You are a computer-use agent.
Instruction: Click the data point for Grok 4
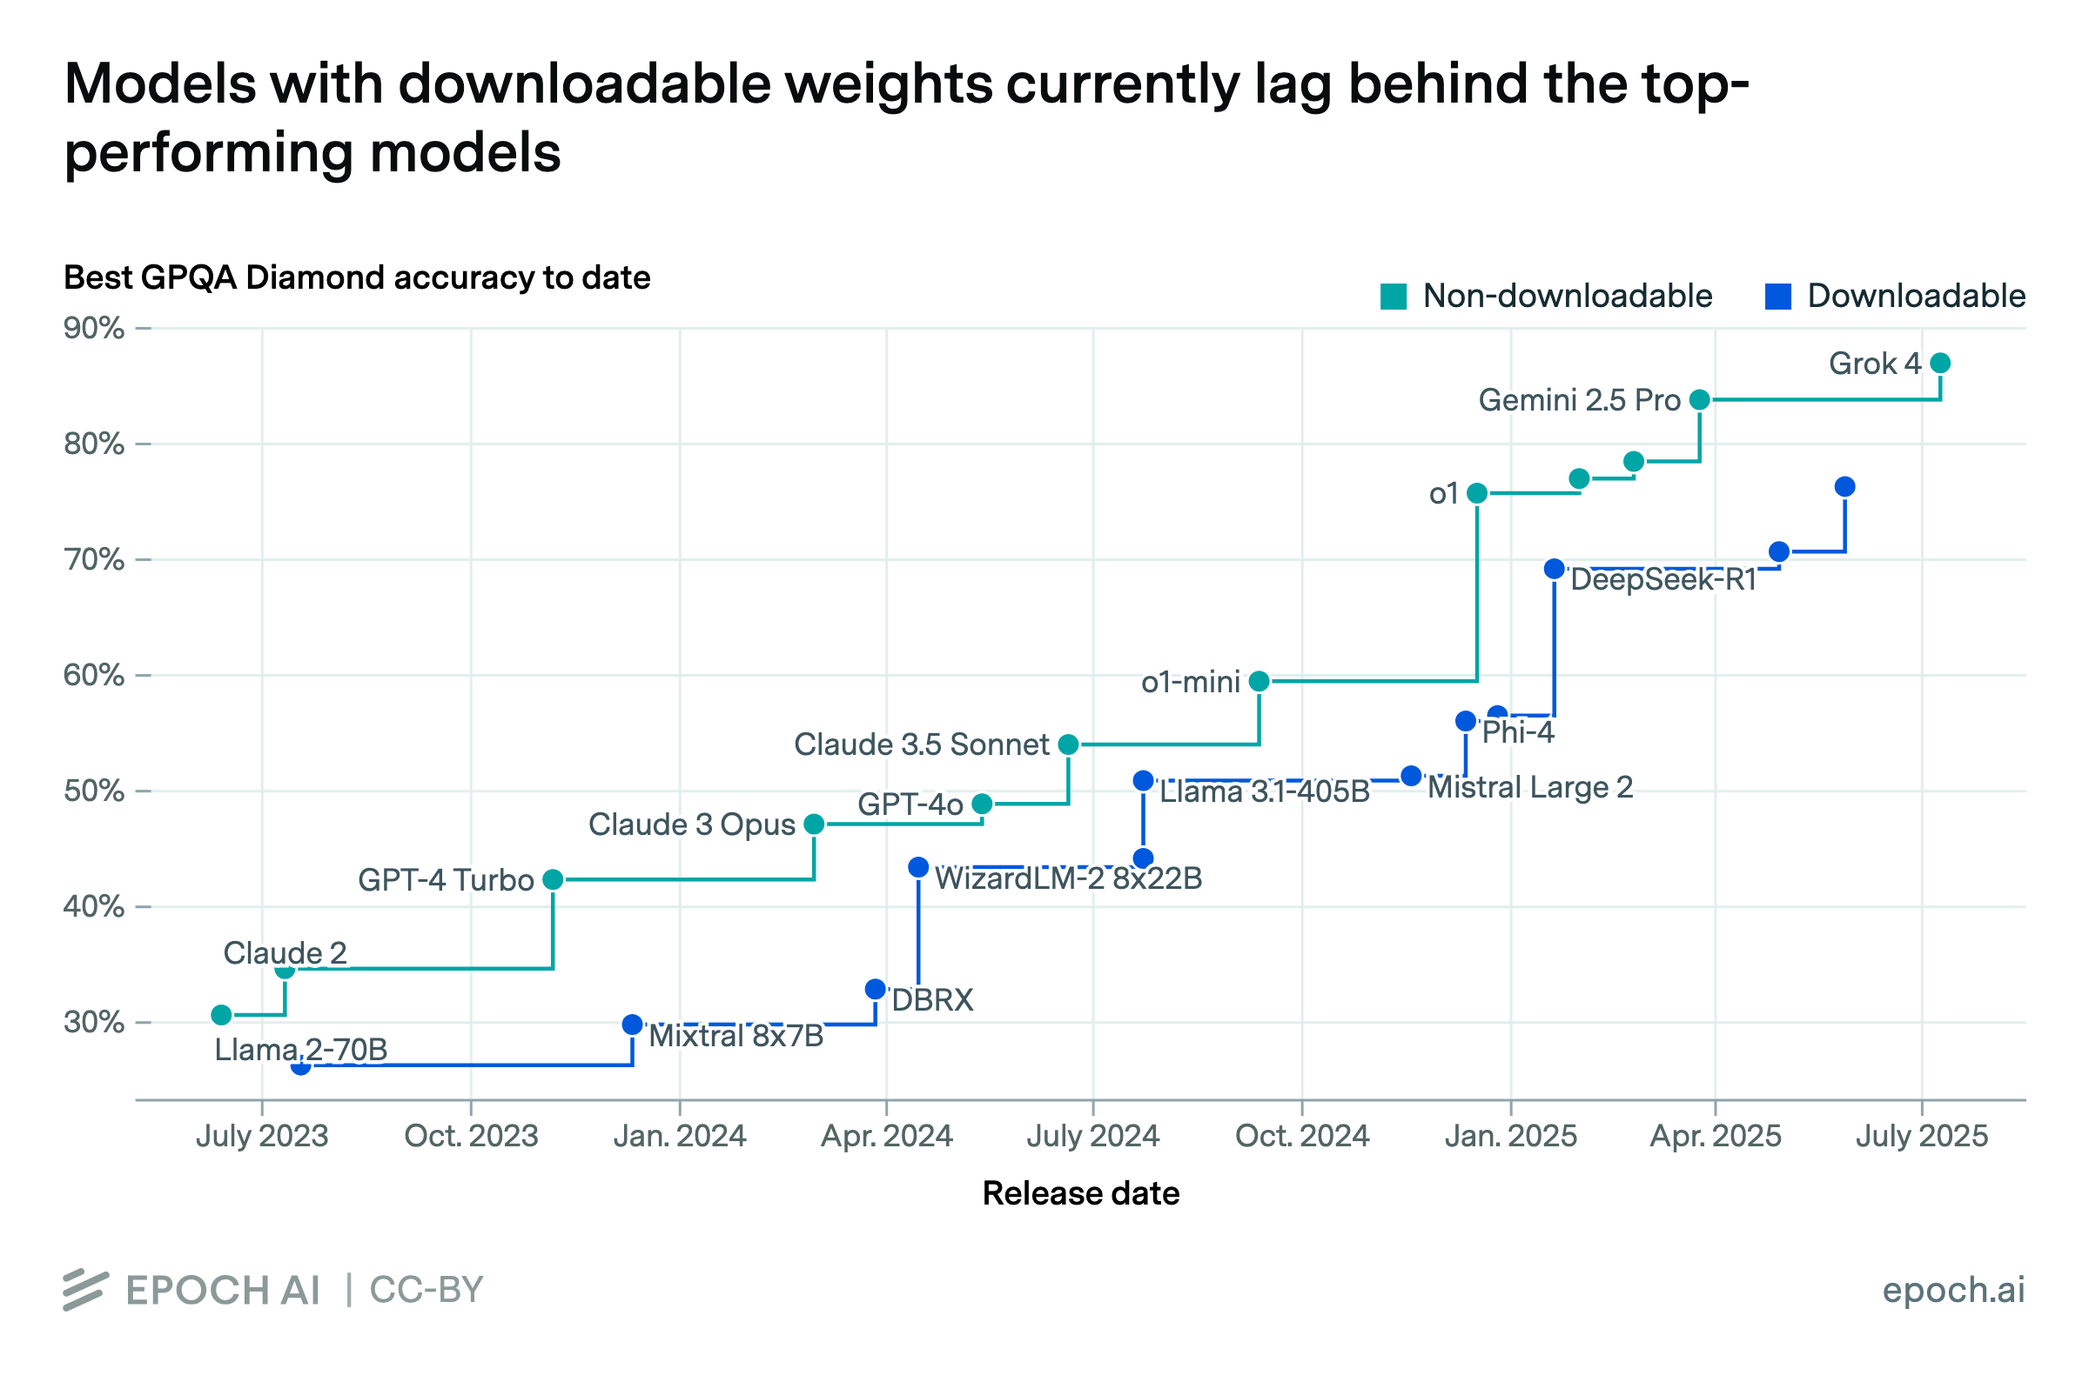(1940, 364)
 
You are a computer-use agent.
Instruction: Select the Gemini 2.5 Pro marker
(1700, 400)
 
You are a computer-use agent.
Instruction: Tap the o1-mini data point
(1259, 681)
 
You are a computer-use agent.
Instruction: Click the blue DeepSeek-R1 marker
(1555, 570)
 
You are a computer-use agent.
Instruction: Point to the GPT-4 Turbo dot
(553, 879)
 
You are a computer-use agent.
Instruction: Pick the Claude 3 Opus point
(814, 825)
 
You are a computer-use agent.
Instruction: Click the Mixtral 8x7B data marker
(632, 1025)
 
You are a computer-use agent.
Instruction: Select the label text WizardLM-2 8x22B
(1068, 878)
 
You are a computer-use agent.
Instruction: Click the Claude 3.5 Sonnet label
(922, 744)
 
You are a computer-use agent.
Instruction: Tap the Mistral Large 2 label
(1530, 787)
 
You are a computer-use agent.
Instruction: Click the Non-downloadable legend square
(1394, 297)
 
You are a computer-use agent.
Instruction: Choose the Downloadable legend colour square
(1777, 297)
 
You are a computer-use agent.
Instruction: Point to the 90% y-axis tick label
(93, 329)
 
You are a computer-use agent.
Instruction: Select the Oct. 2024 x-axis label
(1301, 1137)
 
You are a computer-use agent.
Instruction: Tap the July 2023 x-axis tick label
(262, 1137)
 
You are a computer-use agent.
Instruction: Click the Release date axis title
(1080, 1193)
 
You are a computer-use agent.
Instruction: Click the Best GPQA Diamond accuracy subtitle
(357, 277)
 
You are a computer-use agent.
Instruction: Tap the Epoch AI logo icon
(85, 1291)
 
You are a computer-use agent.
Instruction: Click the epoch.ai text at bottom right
(1953, 1291)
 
